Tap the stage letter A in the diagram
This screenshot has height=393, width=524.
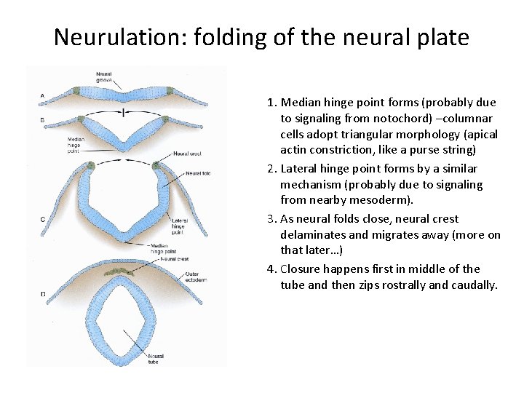click(x=42, y=95)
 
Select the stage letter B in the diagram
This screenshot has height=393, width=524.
click(x=42, y=120)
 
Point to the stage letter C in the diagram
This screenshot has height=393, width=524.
click(x=42, y=218)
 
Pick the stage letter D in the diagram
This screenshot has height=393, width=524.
click(x=42, y=294)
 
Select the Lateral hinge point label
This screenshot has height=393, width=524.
click(x=180, y=226)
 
